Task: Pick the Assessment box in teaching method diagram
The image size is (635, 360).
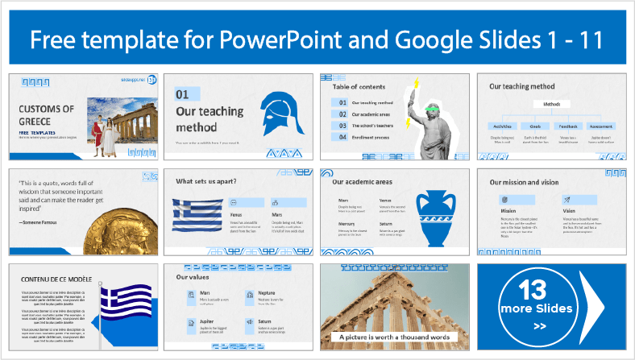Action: coord(600,126)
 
